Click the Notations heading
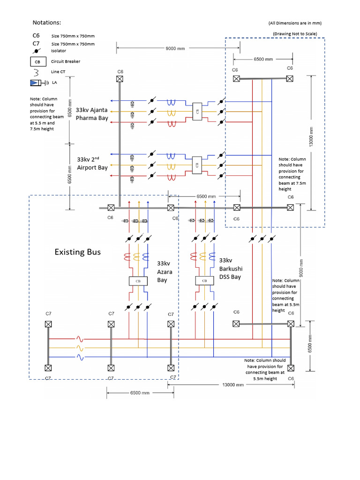(47, 22)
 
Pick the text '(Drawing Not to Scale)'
(294, 34)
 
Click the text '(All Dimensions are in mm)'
(295, 23)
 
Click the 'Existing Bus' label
(77, 252)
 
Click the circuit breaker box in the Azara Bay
(138, 281)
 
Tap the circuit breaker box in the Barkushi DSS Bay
(204, 281)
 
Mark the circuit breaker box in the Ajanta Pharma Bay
(197, 112)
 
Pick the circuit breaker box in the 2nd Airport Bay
(197, 164)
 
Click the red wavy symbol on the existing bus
(80, 338)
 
